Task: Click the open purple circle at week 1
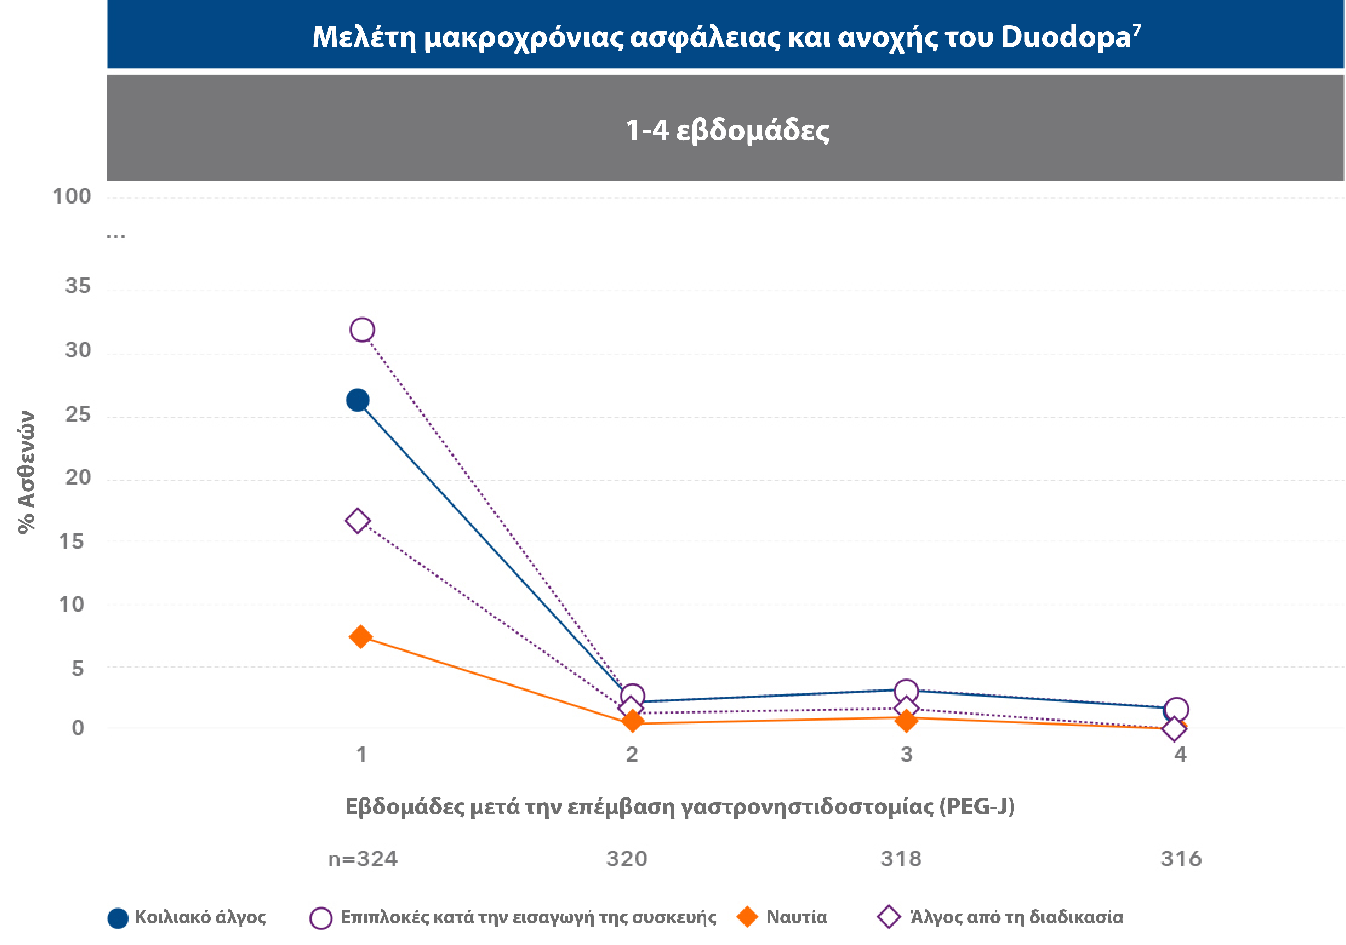[362, 330]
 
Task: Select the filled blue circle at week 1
[358, 400]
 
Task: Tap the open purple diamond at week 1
[358, 521]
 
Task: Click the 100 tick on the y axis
[72, 196]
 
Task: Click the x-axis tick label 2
[631, 755]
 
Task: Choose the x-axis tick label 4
[1180, 755]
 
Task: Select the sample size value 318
[901, 859]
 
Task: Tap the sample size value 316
[1181, 859]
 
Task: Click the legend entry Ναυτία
[796, 917]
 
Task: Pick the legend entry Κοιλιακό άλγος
[200, 917]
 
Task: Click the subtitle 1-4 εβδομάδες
[727, 130]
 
